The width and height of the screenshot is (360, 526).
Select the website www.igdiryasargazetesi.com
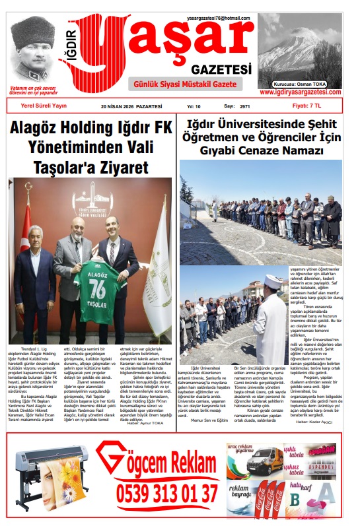coord(301,92)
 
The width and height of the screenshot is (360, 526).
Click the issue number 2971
coord(245,106)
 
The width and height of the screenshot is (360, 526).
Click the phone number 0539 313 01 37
coord(167,494)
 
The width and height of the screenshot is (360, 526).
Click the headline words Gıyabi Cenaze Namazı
coord(262,150)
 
